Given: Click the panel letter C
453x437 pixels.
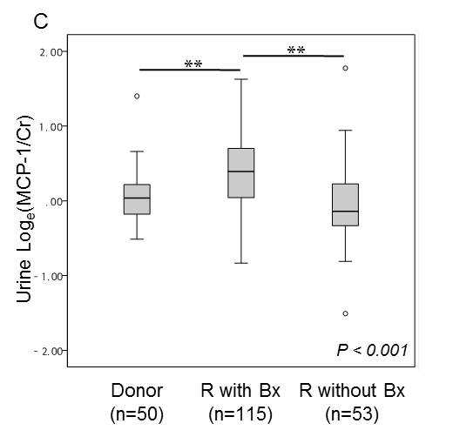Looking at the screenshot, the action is click(x=41, y=21).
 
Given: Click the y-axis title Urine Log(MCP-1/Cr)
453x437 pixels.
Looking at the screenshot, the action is click(x=24, y=209).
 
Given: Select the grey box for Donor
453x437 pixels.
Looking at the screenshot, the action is click(x=137, y=199).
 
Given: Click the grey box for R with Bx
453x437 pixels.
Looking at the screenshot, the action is click(x=241, y=173).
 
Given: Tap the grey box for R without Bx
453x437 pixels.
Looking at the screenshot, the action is click(x=346, y=205).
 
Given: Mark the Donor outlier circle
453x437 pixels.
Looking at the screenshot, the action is click(x=137, y=96).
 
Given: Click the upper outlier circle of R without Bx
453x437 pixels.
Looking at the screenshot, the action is click(x=346, y=68).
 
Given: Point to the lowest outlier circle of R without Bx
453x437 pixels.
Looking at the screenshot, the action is click(x=346, y=313).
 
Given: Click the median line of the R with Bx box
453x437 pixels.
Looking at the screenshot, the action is click(x=241, y=171).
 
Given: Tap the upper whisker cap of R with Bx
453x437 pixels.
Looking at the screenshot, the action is click(x=241, y=79).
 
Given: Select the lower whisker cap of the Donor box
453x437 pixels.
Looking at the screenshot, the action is click(x=137, y=239).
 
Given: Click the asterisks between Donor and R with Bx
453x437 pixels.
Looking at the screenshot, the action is click(x=193, y=64).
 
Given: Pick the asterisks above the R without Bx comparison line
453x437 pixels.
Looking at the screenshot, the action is click(x=296, y=50).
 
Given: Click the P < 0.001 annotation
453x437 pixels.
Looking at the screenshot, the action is click(x=372, y=350).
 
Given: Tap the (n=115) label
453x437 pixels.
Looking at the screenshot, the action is click(x=240, y=413).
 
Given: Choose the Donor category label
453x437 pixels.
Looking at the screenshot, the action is click(x=137, y=391).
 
